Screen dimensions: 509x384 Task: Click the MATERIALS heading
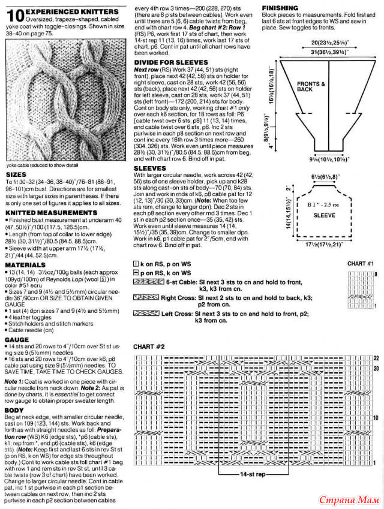tap(24, 264)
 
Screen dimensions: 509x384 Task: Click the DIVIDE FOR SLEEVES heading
tap(170, 62)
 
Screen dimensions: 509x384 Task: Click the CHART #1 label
tap(361, 263)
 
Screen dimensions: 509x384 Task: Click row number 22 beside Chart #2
tap(376, 357)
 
